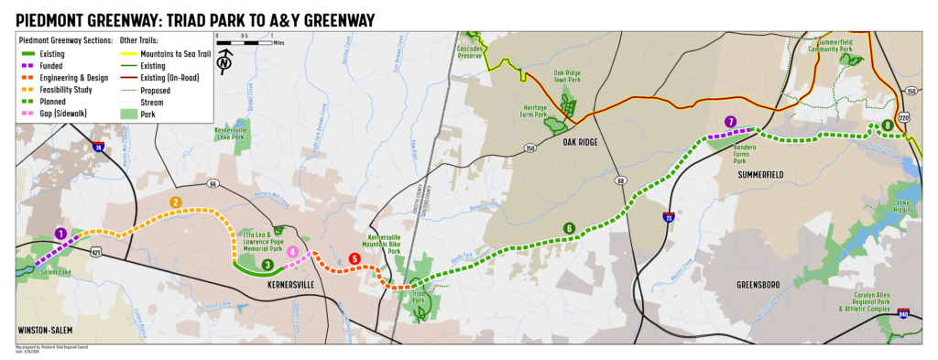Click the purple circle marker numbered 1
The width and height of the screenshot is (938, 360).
pyautogui.click(x=60, y=234)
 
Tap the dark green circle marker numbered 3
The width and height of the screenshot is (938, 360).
pyautogui.click(x=267, y=265)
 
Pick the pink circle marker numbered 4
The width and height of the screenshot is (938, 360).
pyautogui.click(x=292, y=251)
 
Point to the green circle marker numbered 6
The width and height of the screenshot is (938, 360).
pyautogui.click(x=569, y=228)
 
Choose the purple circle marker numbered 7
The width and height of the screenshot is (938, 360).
pyautogui.click(x=730, y=122)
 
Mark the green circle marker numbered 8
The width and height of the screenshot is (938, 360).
pyautogui.click(x=887, y=125)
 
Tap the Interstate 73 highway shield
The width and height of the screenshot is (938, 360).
pyautogui.click(x=669, y=217)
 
